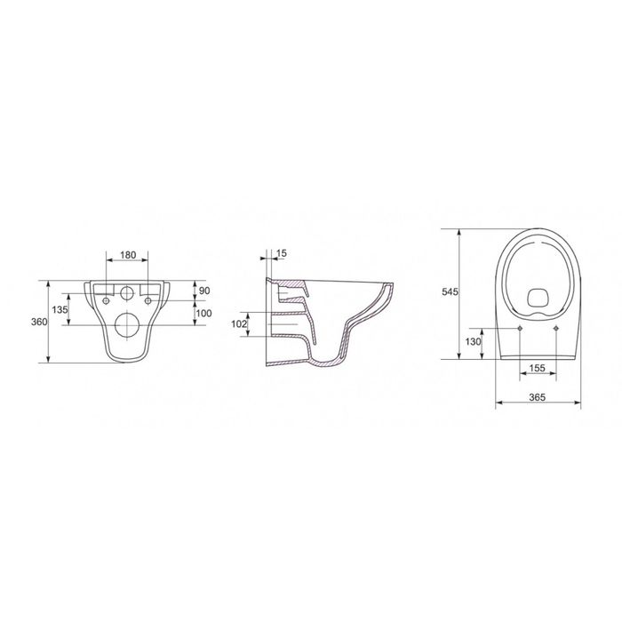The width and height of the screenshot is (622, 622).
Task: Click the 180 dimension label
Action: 128,255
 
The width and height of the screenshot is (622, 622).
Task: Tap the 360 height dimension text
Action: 39,322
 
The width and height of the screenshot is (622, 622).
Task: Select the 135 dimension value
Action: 60,309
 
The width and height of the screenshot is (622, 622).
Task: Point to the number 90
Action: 204,291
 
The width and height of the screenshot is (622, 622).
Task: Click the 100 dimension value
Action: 203,314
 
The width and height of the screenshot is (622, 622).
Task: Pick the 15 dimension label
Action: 282,253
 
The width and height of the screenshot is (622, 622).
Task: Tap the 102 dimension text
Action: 239,324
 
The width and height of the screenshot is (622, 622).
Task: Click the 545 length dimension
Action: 450,291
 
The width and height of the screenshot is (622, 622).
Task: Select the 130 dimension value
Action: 474,341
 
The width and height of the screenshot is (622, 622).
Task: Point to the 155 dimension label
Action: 538,368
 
